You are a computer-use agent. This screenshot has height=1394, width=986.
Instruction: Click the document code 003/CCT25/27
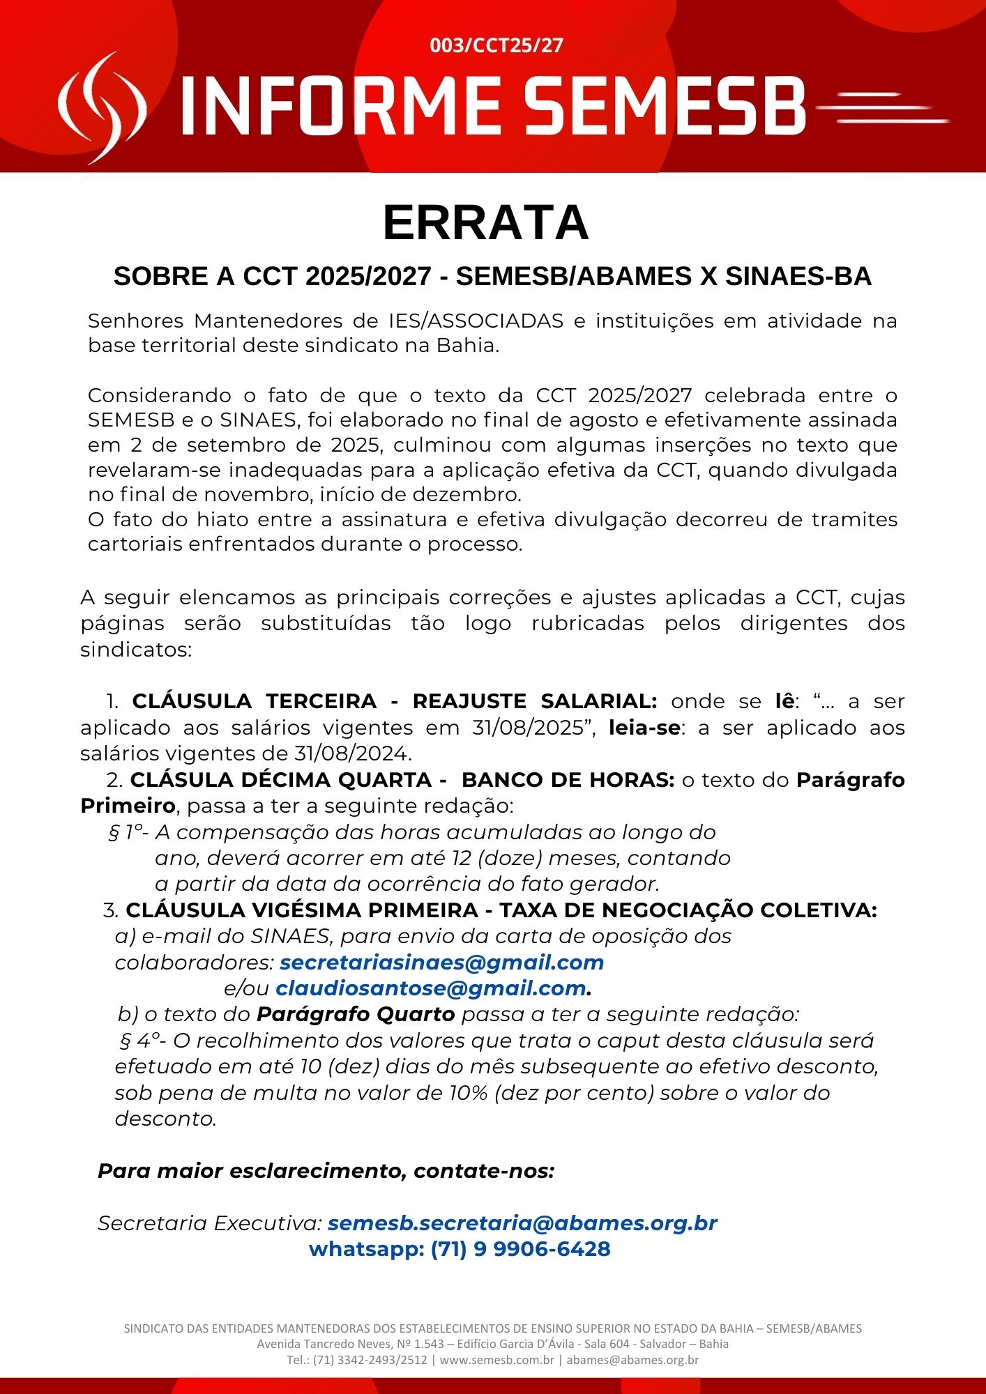pyautogui.click(x=496, y=46)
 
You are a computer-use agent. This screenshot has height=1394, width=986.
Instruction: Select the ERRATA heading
pyautogui.click(x=486, y=223)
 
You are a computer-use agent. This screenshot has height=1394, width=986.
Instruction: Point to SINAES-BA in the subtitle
pyautogui.click(x=798, y=277)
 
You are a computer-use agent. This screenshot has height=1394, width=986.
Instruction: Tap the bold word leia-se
pyautogui.click(x=644, y=728)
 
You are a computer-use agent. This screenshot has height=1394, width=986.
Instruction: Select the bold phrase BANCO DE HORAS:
pyautogui.click(x=568, y=780)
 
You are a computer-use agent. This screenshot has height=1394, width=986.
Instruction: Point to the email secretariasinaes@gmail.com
pyautogui.click(x=441, y=963)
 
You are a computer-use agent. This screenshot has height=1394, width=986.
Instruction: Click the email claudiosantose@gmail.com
pyautogui.click(x=430, y=988)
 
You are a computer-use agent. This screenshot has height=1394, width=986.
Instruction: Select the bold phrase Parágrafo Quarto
pyautogui.click(x=356, y=1014)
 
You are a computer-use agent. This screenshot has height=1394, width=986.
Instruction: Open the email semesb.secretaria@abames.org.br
pyautogui.click(x=522, y=1223)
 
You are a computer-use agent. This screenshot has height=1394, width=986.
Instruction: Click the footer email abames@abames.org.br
pyautogui.click(x=632, y=1360)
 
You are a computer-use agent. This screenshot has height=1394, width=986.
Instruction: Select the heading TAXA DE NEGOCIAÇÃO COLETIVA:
pyautogui.click(x=688, y=910)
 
